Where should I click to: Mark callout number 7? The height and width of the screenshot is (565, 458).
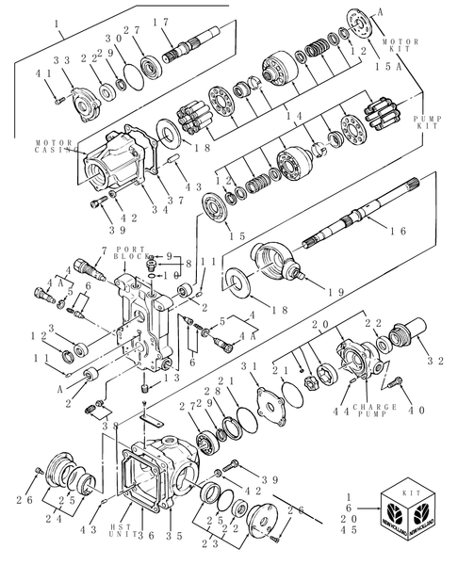92,250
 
